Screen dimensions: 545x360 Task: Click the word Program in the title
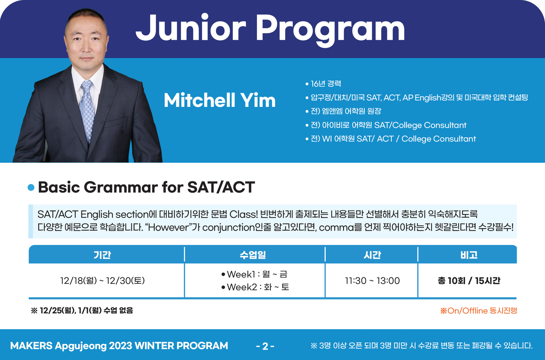[x=330, y=30]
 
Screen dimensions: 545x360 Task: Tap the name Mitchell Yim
[x=220, y=100]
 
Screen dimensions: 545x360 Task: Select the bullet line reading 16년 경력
[x=323, y=84]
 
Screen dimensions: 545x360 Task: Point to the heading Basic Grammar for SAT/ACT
[x=146, y=187]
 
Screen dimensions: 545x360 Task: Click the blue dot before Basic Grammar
[x=31, y=187]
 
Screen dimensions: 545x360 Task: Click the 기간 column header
[x=102, y=255]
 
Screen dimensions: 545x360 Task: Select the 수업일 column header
[x=253, y=255]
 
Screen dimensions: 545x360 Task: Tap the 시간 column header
[x=372, y=255]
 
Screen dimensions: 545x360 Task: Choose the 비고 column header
[x=469, y=255]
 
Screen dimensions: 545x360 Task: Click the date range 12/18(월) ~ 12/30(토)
[x=103, y=281]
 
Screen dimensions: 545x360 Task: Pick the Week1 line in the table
[x=254, y=274]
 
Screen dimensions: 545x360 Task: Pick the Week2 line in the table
[x=255, y=287]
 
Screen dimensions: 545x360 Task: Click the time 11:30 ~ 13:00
[x=372, y=281]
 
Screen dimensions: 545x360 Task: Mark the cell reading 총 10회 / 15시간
[x=469, y=281]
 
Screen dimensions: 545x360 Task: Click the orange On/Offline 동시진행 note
[x=479, y=311]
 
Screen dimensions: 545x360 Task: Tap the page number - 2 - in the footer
[x=265, y=346]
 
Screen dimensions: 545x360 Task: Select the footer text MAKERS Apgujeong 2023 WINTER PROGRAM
[x=119, y=346]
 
